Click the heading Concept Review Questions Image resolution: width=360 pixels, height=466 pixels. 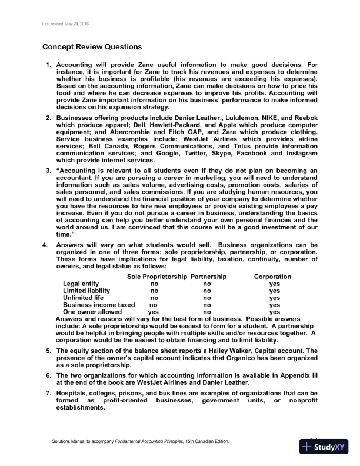click(x=92, y=47)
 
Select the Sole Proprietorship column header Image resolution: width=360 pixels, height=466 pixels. click(x=157, y=276)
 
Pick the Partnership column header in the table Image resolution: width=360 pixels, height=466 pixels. click(x=208, y=276)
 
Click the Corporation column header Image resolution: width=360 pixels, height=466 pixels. click(x=272, y=276)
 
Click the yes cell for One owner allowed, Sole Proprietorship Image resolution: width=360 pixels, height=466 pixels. click(x=154, y=312)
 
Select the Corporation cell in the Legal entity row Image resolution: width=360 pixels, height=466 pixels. click(x=274, y=284)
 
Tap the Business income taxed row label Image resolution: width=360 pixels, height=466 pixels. click(x=99, y=305)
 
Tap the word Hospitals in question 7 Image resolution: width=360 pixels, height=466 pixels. click(x=74, y=392)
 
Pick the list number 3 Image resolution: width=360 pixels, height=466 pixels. click(x=48, y=171)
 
